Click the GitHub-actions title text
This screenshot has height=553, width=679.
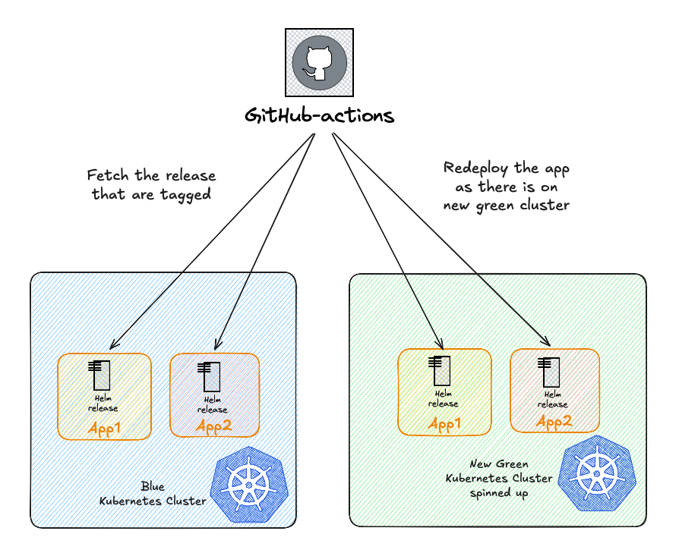tap(319, 116)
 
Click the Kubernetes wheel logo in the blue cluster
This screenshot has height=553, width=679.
tap(245, 487)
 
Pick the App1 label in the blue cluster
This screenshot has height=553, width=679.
tap(105, 429)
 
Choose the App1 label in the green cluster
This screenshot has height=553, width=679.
tap(445, 425)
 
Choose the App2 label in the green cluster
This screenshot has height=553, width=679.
tap(554, 421)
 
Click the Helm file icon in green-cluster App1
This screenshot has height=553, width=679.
tap(440, 371)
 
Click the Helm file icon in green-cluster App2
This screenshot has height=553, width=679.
tap(549, 371)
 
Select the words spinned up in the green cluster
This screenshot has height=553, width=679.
tap(499, 493)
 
